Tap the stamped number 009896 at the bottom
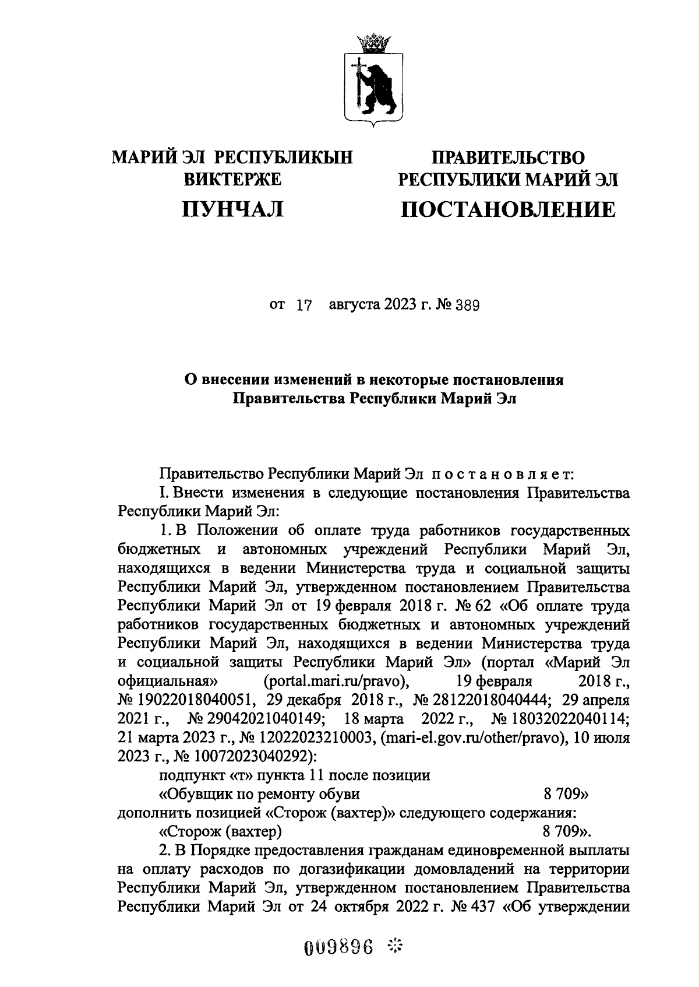pos(338,947)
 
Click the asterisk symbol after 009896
pos(396,946)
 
